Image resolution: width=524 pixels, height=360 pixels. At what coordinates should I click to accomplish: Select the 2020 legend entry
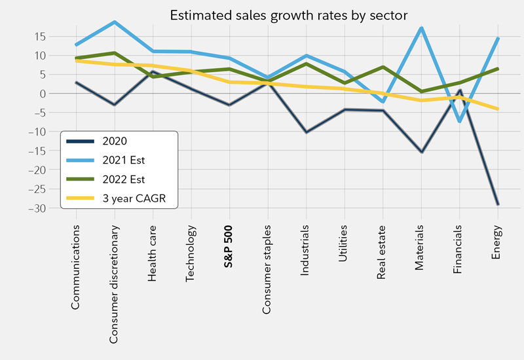click(x=115, y=141)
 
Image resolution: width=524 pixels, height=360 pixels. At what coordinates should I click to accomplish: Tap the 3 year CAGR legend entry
click(x=131, y=198)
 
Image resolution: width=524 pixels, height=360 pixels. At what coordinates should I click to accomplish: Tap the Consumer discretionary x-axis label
click(x=115, y=285)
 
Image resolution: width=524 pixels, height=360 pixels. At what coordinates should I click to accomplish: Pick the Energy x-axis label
click(x=496, y=242)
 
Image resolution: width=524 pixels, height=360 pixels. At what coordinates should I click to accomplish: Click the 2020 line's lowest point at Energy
click(x=498, y=204)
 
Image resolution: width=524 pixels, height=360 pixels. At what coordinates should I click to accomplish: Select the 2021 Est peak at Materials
click(x=421, y=28)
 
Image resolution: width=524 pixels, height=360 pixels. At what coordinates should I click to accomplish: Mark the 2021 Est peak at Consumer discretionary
click(x=115, y=22)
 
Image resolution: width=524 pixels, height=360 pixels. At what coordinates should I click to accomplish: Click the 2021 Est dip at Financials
click(x=460, y=121)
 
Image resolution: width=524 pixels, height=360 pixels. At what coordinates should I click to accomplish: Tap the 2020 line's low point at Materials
click(x=421, y=152)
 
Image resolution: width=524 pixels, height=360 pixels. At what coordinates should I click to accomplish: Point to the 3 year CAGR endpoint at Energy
click(x=498, y=109)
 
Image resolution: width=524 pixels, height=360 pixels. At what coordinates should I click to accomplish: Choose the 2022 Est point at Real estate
click(x=383, y=67)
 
